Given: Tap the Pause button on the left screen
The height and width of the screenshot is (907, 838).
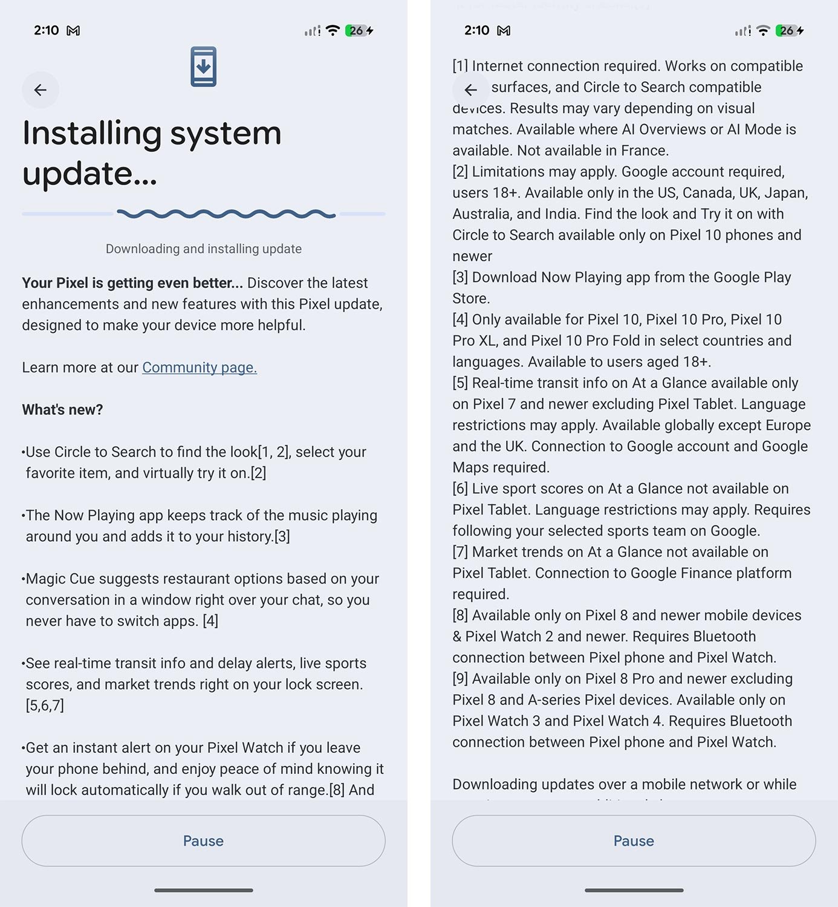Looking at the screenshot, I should pos(203,840).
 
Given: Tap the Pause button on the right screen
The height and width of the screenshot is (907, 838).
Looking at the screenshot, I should pos(634,840).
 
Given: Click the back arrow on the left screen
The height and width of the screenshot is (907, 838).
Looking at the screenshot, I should pos(41,90).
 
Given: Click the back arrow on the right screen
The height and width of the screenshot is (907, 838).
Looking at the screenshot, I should pos(471,90).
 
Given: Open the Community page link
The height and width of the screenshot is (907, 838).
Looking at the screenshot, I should pos(200,368).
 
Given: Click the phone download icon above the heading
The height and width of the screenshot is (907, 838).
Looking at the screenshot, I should pos(203,67).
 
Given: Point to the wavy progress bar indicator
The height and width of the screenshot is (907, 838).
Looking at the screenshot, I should pos(226,213).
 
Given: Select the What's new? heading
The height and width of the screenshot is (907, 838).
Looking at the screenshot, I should pos(62,410).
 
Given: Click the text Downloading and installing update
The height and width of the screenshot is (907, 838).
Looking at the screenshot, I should pos(203,249).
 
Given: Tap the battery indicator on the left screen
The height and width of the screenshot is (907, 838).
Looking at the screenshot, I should pos(357,30).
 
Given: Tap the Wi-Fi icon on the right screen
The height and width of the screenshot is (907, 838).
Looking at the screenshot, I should pos(763,30).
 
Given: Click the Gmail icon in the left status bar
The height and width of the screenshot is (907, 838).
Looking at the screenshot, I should pos(73,30).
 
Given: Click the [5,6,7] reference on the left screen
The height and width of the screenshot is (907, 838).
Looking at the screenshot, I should pos(45,706).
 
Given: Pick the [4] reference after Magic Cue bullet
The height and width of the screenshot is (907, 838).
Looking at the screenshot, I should pos(210,621).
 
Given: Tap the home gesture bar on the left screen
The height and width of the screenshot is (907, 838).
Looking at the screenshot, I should pos(203,890).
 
